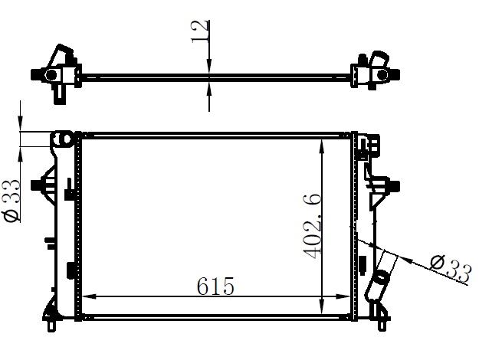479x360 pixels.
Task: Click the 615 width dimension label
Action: (215, 286)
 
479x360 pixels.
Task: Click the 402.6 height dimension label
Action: (312, 225)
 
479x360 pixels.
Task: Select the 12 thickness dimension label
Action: (201, 31)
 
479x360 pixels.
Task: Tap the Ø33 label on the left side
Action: (11, 200)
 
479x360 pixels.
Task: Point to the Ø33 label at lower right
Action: (451, 269)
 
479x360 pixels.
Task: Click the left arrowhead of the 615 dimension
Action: (90, 296)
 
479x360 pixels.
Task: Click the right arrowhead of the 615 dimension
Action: (343, 296)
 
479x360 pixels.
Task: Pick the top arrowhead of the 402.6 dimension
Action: (321, 146)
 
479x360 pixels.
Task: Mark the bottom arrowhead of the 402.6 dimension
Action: (321, 306)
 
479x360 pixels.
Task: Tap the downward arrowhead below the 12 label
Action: (209, 66)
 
